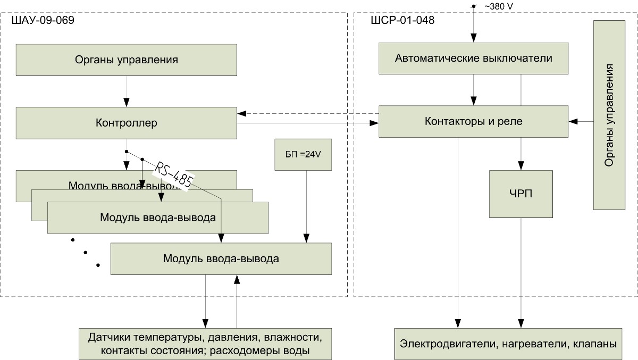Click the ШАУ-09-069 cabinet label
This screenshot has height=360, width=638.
pos(42,21)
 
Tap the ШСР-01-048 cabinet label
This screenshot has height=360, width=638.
pos(402,21)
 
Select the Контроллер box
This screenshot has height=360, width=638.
pos(126,123)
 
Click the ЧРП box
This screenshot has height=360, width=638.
pos(521,194)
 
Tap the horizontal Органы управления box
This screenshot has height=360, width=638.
pos(126,60)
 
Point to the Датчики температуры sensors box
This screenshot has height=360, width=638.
pos(205,344)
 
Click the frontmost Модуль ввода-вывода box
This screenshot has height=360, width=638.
pos(221,259)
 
